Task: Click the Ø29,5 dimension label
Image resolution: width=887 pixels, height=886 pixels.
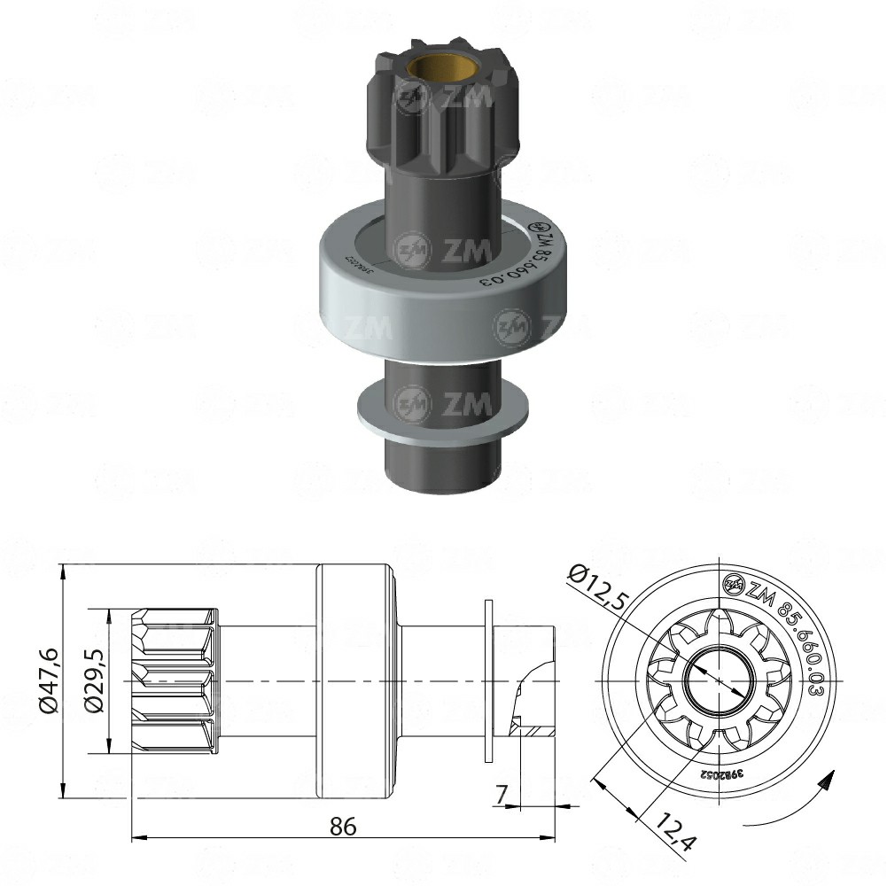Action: (94, 680)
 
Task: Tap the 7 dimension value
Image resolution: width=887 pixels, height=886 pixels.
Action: (502, 794)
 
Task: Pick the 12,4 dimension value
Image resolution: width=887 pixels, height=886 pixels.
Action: (673, 834)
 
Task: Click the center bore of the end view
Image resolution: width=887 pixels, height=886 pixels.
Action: (720, 680)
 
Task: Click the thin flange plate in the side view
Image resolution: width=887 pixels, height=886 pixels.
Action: (489, 680)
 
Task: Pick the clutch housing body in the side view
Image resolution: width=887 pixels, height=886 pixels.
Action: (354, 680)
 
